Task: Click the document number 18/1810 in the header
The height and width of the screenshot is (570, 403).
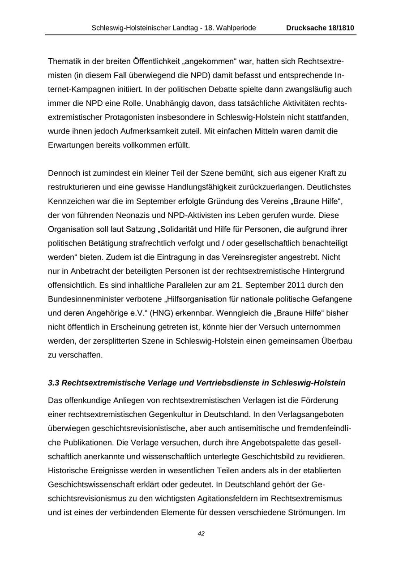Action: (339, 28)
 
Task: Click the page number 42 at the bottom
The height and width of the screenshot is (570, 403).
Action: (201, 533)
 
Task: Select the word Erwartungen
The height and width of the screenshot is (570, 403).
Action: (68, 145)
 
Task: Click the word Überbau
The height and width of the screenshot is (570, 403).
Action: (336, 341)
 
